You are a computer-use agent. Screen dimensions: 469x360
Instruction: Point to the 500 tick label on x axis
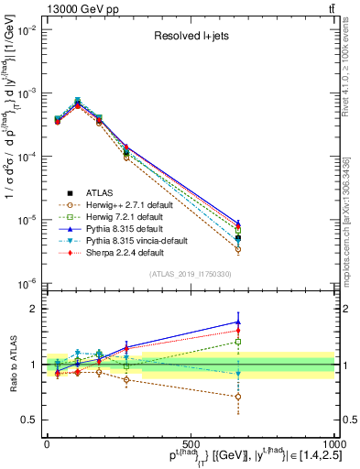191,444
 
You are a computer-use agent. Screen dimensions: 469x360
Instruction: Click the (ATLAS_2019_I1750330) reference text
191,274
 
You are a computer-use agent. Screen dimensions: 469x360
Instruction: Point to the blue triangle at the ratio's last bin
238,322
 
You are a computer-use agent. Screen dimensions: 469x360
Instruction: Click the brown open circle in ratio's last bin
238,397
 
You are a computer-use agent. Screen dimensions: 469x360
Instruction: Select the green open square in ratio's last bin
238,342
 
